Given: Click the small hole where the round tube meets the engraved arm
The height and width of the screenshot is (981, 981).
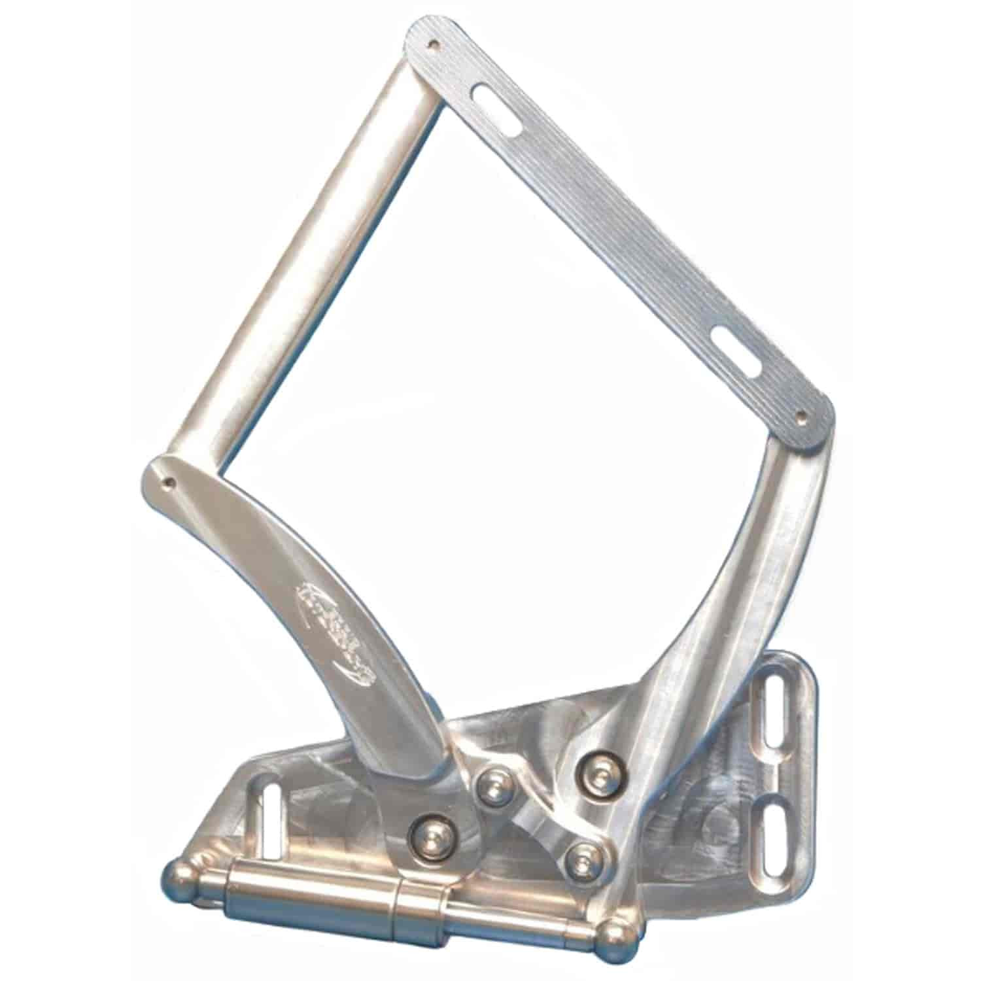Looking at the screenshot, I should pyautogui.click(x=171, y=481).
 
